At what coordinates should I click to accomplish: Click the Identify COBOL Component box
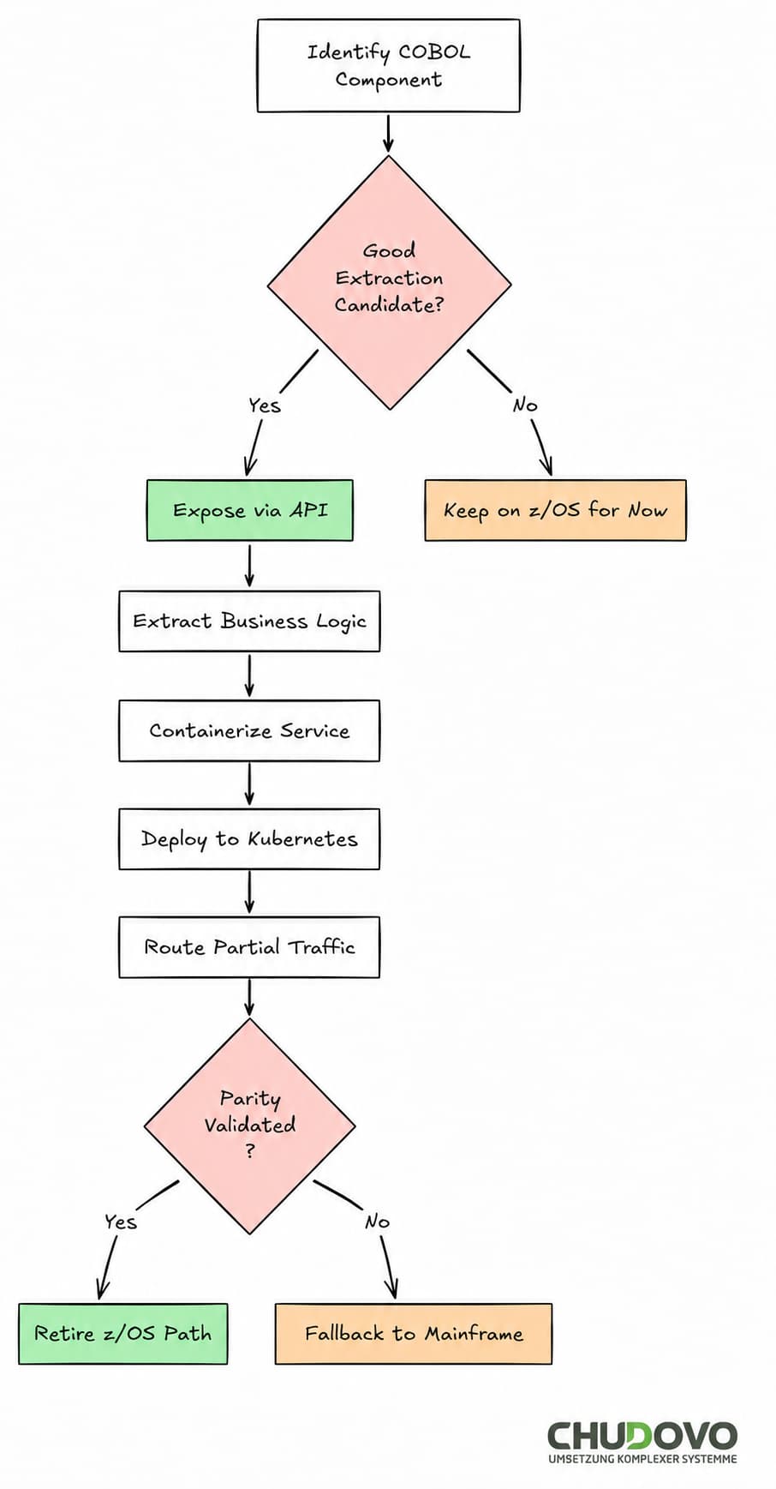tap(388, 65)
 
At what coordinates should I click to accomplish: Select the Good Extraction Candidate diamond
tap(389, 282)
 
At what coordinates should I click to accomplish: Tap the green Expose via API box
tap(249, 510)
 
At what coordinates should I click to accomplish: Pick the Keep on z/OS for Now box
tap(555, 510)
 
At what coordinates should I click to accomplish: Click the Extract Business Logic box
tap(249, 621)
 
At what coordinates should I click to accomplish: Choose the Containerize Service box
tap(249, 730)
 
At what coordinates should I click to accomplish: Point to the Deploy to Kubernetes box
tap(249, 838)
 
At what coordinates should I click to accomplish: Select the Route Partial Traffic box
tap(249, 947)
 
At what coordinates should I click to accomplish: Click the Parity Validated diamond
tap(249, 1126)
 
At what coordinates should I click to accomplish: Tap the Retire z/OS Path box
tap(122, 1334)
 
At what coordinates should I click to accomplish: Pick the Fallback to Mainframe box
tap(413, 1334)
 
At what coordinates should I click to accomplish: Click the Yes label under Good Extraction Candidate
tap(264, 405)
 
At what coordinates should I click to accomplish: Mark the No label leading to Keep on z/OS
tap(524, 405)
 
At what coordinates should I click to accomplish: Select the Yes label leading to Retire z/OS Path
tap(120, 1222)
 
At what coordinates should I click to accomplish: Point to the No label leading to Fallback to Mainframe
tap(377, 1222)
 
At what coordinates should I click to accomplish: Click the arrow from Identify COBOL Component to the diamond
tap(388, 133)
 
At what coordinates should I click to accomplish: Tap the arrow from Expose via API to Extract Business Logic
tap(249, 565)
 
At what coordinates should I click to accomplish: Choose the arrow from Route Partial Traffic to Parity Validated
tap(249, 997)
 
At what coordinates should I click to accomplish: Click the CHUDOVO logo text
tap(642, 1435)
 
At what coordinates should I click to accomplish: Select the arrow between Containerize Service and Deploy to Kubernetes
tap(249, 784)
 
